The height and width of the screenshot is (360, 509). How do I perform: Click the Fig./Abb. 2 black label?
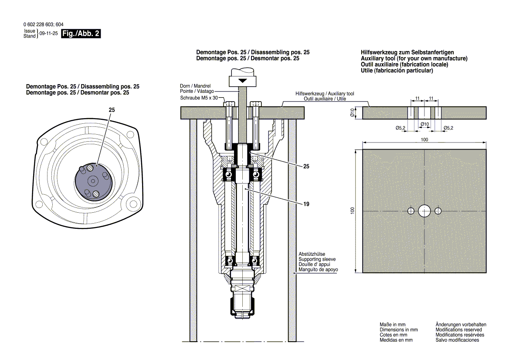point(81,34)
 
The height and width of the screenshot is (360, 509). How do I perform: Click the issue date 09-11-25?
point(48,34)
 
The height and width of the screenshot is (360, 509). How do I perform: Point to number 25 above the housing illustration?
point(112,111)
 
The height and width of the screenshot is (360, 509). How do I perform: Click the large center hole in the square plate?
point(424,211)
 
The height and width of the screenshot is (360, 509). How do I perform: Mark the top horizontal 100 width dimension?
point(424,139)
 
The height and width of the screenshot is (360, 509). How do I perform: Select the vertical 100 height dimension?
point(353,211)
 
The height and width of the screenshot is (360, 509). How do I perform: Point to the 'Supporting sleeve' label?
point(317,259)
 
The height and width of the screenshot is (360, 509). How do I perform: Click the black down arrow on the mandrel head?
point(242,81)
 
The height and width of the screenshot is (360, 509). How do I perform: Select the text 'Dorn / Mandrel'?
point(197,85)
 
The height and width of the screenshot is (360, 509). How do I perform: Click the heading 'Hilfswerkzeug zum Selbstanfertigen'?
point(407,52)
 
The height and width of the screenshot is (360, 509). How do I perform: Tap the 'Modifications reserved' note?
point(458,330)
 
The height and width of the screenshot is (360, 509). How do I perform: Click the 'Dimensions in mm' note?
point(399,330)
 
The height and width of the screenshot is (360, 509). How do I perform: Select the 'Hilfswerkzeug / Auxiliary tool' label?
point(325,94)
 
